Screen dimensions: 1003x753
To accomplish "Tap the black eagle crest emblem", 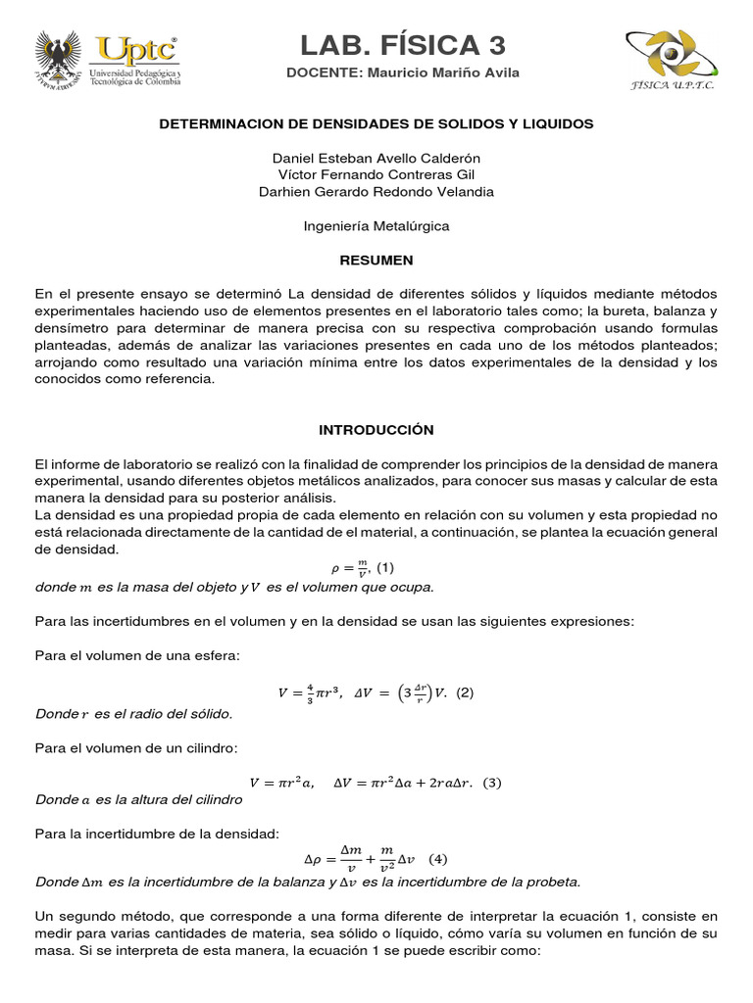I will pos(58,59).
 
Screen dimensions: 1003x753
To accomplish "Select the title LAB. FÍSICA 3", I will pos(403,44).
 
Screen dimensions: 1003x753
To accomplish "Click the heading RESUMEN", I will pos(376,260).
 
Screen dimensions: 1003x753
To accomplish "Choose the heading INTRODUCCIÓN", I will pos(376,430).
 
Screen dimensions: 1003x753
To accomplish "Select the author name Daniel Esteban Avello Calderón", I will pos(376,158).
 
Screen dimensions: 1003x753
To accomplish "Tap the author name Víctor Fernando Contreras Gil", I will pos(376,174).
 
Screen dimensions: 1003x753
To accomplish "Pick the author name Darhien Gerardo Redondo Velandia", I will pos(376,191).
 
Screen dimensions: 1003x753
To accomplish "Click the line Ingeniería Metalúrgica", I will pos(376,225).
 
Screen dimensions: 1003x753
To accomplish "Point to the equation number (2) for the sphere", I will pos(465,693).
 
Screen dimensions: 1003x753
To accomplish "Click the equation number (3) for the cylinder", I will pos(491,782).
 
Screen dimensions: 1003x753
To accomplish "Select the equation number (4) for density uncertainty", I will pos(437,859).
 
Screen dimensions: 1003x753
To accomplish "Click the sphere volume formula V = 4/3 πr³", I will pos(310,693).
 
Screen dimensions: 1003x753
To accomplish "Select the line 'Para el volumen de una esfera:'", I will pos(136,655).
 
